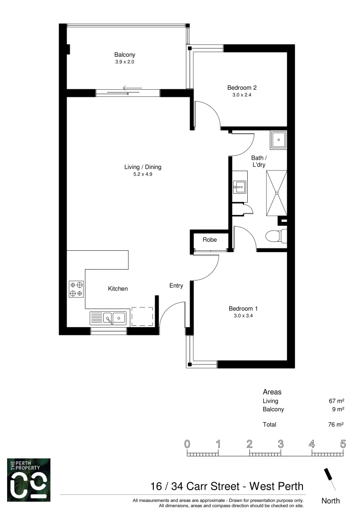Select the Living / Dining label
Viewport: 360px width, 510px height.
click(x=142, y=167)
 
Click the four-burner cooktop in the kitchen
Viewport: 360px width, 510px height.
click(x=76, y=289)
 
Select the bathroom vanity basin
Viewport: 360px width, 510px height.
click(x=239, y=187)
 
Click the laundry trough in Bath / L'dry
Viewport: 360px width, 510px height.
click(x=278, y=139)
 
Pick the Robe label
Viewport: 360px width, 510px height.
click(x=210, y=240)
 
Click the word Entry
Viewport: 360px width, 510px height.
click(x=176, y=286)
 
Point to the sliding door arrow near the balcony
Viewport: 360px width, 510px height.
click(x=132, y=87)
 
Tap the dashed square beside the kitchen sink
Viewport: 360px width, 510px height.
click(x=142, y=316)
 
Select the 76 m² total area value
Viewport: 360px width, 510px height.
click(x=335, y=425)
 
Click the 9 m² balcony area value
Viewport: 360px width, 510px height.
click(x=337, y=409)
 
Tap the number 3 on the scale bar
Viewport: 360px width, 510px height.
click(x=280, y=444)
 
